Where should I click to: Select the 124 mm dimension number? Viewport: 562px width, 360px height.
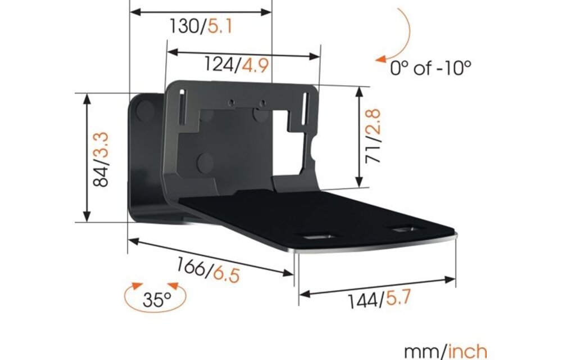[220, 65]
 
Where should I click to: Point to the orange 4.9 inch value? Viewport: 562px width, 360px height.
[253, 65]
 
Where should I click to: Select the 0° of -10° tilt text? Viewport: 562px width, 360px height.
[430, 69]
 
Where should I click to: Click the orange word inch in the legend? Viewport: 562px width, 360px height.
[468, 352]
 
